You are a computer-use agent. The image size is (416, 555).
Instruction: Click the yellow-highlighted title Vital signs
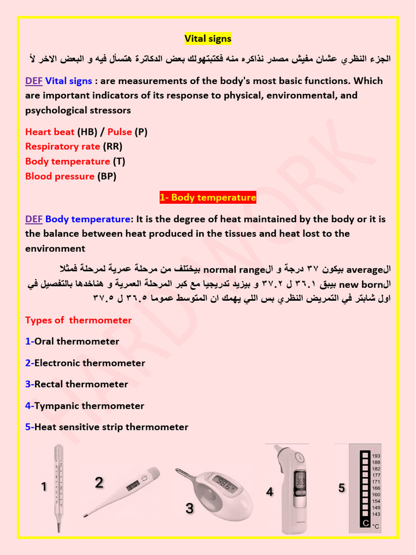tap(208, 38)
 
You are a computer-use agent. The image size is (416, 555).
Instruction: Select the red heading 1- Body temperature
tap(208, 198)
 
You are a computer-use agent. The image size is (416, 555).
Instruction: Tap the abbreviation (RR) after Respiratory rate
tap(113, 146)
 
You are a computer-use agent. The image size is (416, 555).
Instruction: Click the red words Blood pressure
tap(60, 176)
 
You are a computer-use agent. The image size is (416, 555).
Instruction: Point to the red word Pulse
tap(120, 132)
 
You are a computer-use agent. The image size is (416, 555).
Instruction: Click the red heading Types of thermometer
tap(79, 320)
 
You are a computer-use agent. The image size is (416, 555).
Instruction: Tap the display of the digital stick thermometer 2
tap(133, 486)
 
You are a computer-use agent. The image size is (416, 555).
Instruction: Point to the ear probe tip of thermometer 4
tap(277, 449)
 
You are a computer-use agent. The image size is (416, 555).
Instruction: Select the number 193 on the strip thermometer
tap(376, 456)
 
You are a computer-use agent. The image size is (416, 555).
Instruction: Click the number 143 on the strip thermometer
tap(376, 514)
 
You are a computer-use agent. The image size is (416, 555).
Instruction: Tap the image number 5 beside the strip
tap(341, 488)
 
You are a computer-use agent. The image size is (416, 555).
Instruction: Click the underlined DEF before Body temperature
tap(34, 220)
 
